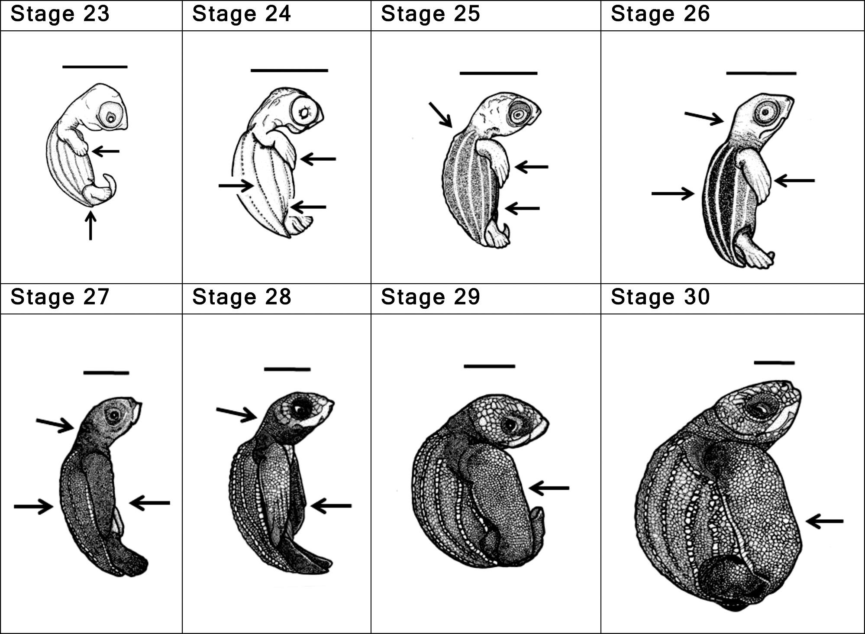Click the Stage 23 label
click(x=60, y=14)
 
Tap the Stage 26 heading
click(x=660, y=14)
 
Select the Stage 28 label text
click(x=242, y=297)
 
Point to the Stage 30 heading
click(x=660, y=297)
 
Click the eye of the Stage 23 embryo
click(x=111, y=116)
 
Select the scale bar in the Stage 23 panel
click(x=95, y=67)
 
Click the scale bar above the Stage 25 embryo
click(x=498, y=73)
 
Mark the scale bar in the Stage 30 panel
click(x=774, y=362)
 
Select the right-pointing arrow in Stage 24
click(x=236, y=186)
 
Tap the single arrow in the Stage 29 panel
click(x=549, y=488)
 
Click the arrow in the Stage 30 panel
click(x=825, y=521)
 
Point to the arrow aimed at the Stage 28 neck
click(x=237, y=414)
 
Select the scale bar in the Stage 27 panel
click(x=106, y=372)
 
